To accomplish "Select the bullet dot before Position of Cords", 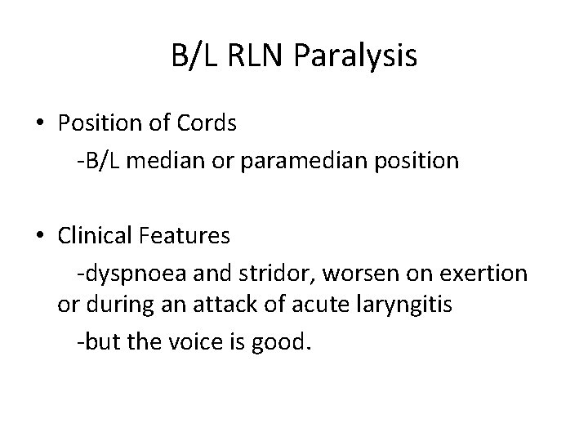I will pos(39,123).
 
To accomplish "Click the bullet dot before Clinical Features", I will pos(39,237).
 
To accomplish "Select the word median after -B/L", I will pos(161,161).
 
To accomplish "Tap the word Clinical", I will pos(97,237).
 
